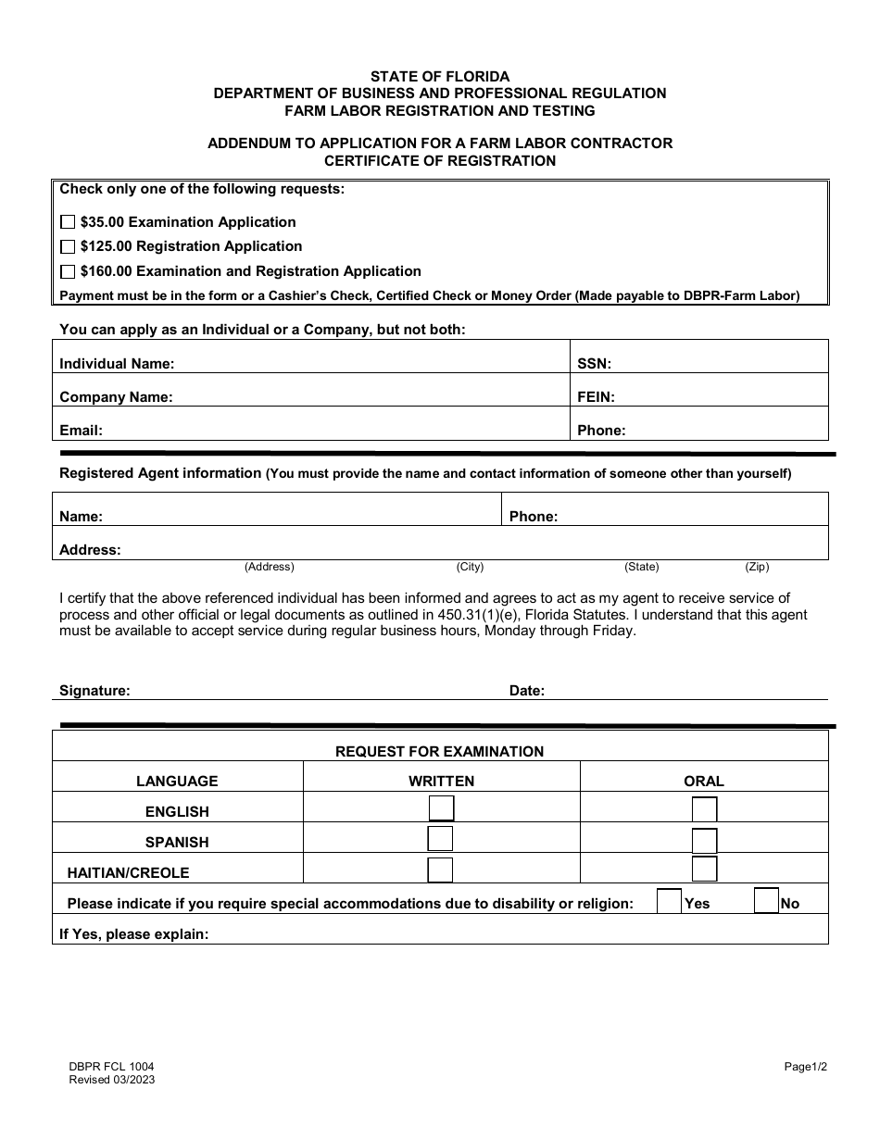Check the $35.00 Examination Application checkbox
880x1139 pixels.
click(67, 222)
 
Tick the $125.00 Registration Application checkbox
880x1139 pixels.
click(67, 247)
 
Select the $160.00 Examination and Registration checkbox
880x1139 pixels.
click(67, 272)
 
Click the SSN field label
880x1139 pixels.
click(594, 364)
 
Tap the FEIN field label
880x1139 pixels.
click(596, 397)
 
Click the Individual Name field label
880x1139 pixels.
click(117, 364)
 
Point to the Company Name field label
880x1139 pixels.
click(116, 397)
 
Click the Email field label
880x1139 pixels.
click(81, 431)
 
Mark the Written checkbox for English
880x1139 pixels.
click(441, 808)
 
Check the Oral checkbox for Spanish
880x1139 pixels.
click(704, 841)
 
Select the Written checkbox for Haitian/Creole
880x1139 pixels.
click(440, 870)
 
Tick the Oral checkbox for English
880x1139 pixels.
click(704, 810)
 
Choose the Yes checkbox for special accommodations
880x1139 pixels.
click(669, 901)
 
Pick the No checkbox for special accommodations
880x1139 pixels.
click(766, 901)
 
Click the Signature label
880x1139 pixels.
click(94, 691)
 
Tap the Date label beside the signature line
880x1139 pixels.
click(527, 691)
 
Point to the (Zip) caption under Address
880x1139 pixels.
click(757, 567)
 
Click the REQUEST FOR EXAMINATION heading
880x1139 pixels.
click(439, 752)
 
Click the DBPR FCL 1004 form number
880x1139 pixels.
click(105, 1067)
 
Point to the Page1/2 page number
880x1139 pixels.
click(805, 1067)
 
